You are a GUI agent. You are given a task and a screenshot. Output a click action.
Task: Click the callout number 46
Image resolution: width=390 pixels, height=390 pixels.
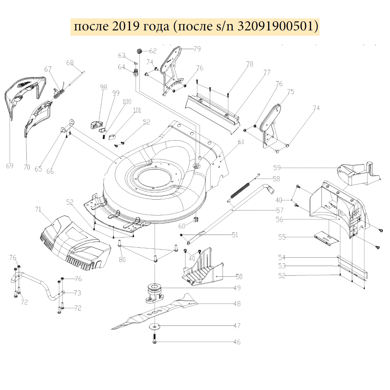237,342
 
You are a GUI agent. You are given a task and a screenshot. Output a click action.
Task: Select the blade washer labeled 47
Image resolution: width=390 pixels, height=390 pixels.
155,326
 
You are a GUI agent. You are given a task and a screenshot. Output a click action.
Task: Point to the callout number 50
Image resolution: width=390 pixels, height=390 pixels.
239,277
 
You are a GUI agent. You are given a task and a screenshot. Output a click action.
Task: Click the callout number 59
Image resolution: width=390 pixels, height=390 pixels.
277,168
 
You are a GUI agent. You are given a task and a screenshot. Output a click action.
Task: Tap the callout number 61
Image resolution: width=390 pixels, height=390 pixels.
241,142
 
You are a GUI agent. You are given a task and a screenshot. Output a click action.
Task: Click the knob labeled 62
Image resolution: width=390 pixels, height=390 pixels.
139,51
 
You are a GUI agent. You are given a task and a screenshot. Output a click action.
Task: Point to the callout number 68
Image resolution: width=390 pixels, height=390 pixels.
70,63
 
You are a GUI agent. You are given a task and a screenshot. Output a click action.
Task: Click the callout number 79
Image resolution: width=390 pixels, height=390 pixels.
197,49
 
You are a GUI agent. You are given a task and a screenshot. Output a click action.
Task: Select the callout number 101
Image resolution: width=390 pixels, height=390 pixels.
137,110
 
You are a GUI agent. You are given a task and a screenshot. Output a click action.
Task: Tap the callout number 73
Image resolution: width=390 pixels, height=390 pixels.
77,293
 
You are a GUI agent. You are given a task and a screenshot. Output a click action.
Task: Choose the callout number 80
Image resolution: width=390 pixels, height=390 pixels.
122,260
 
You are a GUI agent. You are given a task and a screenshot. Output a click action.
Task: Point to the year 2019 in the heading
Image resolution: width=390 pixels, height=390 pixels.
125,26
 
